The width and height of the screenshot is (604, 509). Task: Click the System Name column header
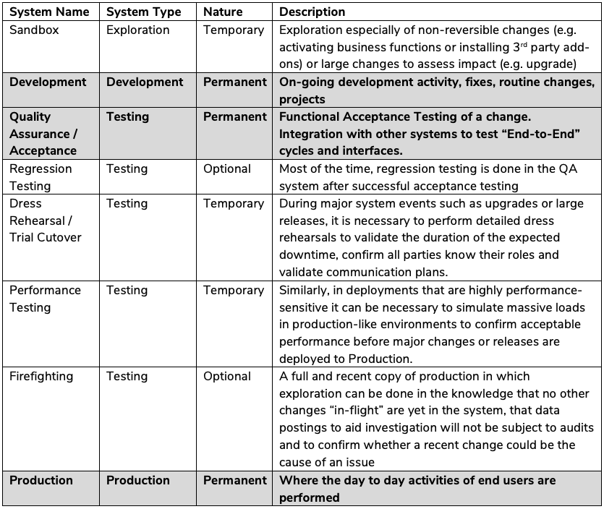(49, 12)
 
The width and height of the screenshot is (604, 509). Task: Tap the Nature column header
(223, 12)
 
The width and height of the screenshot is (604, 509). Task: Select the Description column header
(312, 12)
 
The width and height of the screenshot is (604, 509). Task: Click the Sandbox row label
(34, 30)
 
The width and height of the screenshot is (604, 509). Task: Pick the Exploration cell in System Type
(137, 30)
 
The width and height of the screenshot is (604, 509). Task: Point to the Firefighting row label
(41, 376)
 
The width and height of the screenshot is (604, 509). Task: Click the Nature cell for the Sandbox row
(234, 30)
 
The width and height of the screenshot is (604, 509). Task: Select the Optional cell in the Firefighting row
(227, 376)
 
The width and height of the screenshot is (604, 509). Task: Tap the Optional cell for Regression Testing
(227, 168)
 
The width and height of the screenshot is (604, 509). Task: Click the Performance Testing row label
(45, 299)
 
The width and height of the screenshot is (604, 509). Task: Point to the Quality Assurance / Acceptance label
(43, 134)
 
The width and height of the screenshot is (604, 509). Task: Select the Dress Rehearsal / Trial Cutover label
(46, 221)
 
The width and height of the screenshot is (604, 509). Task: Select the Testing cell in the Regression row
(127, 168)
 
